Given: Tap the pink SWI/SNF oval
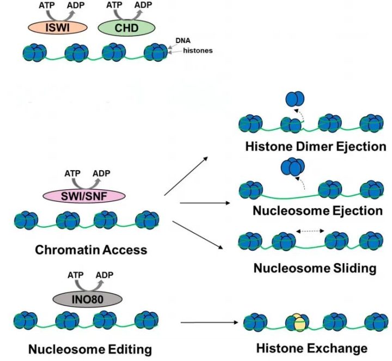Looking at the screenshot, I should (84, 195).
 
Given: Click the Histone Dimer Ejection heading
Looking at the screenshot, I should (308, 147).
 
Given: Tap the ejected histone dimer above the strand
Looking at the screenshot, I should (294, 99).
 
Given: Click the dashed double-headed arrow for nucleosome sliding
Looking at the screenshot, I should (310, 231).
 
